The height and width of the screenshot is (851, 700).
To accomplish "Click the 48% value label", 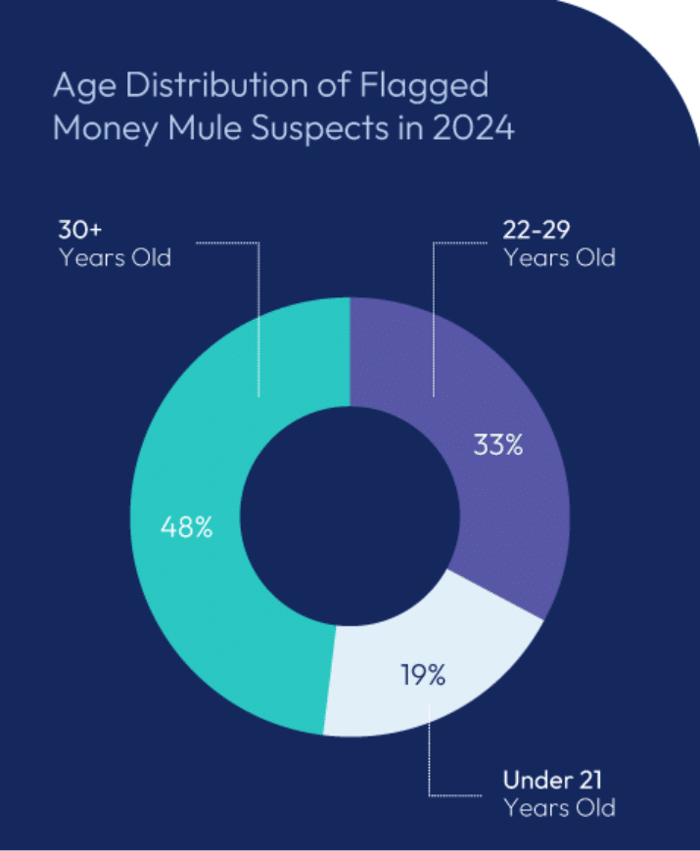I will coord(186,528).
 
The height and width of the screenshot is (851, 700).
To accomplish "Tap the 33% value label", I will coord(498,446).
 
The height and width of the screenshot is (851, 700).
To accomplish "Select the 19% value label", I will coord(422,674).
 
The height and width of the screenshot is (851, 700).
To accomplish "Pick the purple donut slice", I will coord(509,509).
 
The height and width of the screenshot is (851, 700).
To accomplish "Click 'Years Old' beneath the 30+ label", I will coord(115,259).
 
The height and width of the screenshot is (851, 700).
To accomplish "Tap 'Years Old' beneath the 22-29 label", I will coord(559,259).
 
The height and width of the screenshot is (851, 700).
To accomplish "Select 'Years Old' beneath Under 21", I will coord(559,808).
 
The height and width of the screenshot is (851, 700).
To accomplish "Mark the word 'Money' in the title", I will coord(101,129).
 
